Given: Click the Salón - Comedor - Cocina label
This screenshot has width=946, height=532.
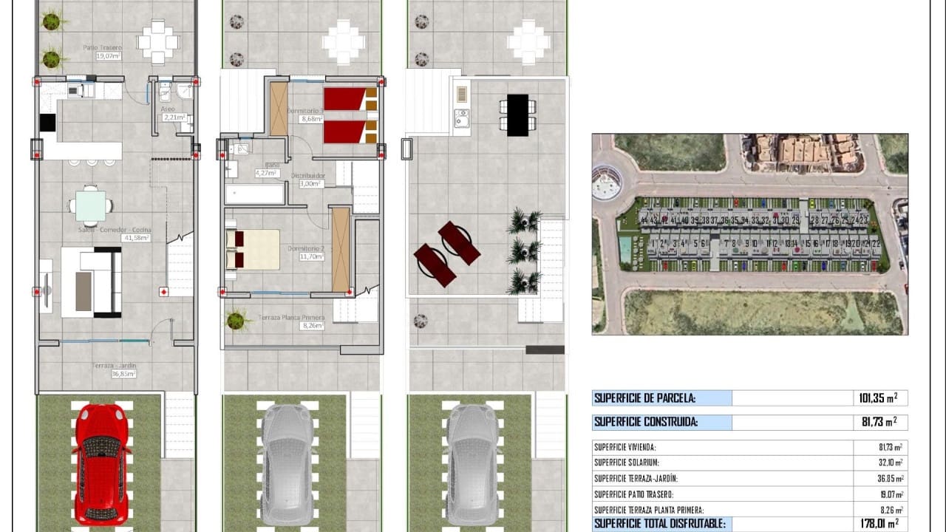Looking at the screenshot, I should (x=115, y=233).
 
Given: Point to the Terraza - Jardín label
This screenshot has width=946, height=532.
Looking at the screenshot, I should (x=114, y=369).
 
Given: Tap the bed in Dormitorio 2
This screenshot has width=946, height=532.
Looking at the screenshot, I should (x=253, y=250).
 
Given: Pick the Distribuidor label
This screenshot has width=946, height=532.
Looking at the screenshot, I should (x=308, y=180).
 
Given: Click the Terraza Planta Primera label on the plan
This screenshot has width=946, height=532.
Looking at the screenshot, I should (x=291, y=321).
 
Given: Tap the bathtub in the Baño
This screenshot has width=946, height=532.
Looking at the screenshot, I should (x=254, y=194).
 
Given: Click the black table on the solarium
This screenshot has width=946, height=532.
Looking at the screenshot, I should (x=517, y=115).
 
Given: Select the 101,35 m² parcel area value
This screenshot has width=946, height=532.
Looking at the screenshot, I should (x=878, y=398).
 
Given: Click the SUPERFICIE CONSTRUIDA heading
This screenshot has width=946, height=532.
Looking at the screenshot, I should (x=645, y=423).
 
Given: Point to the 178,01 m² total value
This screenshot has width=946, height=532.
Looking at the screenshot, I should (x=878, y=524).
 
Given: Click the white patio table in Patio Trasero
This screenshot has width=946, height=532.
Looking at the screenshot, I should (x=158, y=42).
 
